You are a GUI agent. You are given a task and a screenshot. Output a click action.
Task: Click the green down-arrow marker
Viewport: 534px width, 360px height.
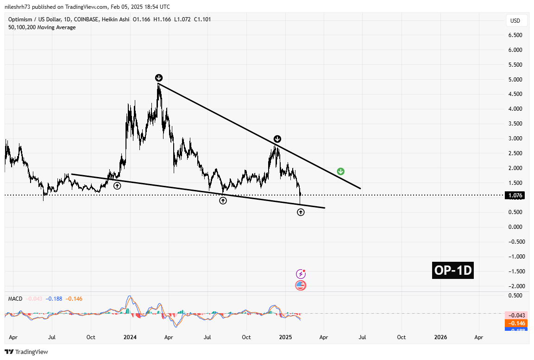(x=340, y=171)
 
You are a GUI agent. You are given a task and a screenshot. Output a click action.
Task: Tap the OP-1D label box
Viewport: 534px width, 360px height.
(x=453, y=270)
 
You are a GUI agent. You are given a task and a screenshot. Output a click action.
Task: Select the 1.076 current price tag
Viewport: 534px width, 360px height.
(x=515, y=196)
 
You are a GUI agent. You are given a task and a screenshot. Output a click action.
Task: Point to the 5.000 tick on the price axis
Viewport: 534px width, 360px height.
(x=515, y=80)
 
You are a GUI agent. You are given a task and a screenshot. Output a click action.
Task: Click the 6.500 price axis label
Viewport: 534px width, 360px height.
(x=515, y=35)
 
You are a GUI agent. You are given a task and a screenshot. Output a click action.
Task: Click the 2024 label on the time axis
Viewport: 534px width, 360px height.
(x=130, y=337)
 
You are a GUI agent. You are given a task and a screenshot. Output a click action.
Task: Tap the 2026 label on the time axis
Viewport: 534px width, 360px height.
(x=440, y=337)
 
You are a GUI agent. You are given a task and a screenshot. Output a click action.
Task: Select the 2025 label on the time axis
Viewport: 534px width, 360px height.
(x=285, y=337)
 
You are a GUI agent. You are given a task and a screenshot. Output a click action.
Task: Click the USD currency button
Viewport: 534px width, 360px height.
(x=515, y=21)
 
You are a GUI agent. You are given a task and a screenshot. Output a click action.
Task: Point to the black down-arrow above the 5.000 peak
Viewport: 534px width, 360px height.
(x=158, y=78)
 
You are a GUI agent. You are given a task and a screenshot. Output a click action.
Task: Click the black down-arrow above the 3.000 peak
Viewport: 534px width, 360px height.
(x=277, y=139)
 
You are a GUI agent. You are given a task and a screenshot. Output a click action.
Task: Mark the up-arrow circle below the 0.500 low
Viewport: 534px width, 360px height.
(x=301, y=212)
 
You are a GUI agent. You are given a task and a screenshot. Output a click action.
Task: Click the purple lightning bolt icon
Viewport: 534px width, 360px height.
(x=301, y=274)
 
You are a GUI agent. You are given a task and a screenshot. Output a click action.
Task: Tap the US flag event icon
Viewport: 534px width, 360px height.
(x=301, y=285)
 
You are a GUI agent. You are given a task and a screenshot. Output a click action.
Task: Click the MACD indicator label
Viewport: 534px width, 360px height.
(x=15, y=299)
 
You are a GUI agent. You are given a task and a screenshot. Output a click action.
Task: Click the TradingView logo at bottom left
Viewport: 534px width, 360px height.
(x=26, y=352)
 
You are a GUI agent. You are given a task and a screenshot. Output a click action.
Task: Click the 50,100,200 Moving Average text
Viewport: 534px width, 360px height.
(x=42, y=27)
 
